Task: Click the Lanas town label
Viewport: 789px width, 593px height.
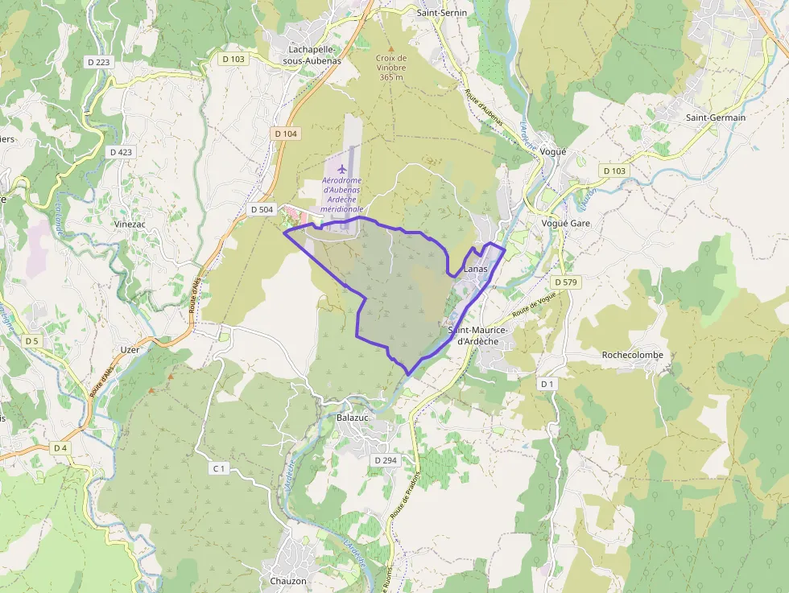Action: click(477, 269)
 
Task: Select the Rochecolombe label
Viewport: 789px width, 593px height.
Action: click(633, 355)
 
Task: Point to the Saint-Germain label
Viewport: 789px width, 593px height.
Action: click(716, 117)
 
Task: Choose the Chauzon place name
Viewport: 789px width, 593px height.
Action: click(288, 581)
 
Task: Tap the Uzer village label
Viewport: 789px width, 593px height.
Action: click(129, 350)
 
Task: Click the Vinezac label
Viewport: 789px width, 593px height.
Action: click(130, 224)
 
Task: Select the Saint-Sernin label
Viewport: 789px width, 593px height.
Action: click(441, 13)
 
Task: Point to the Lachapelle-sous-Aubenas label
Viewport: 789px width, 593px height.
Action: click(315, 55)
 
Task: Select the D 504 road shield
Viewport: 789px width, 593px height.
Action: click(262, 210)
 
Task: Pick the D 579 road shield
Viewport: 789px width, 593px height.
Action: click(568, 282)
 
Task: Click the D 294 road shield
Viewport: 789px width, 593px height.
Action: click(386, 460)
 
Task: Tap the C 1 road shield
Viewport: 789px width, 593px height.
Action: click(218, 468)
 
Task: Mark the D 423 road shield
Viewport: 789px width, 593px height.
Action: click(120, 152)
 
